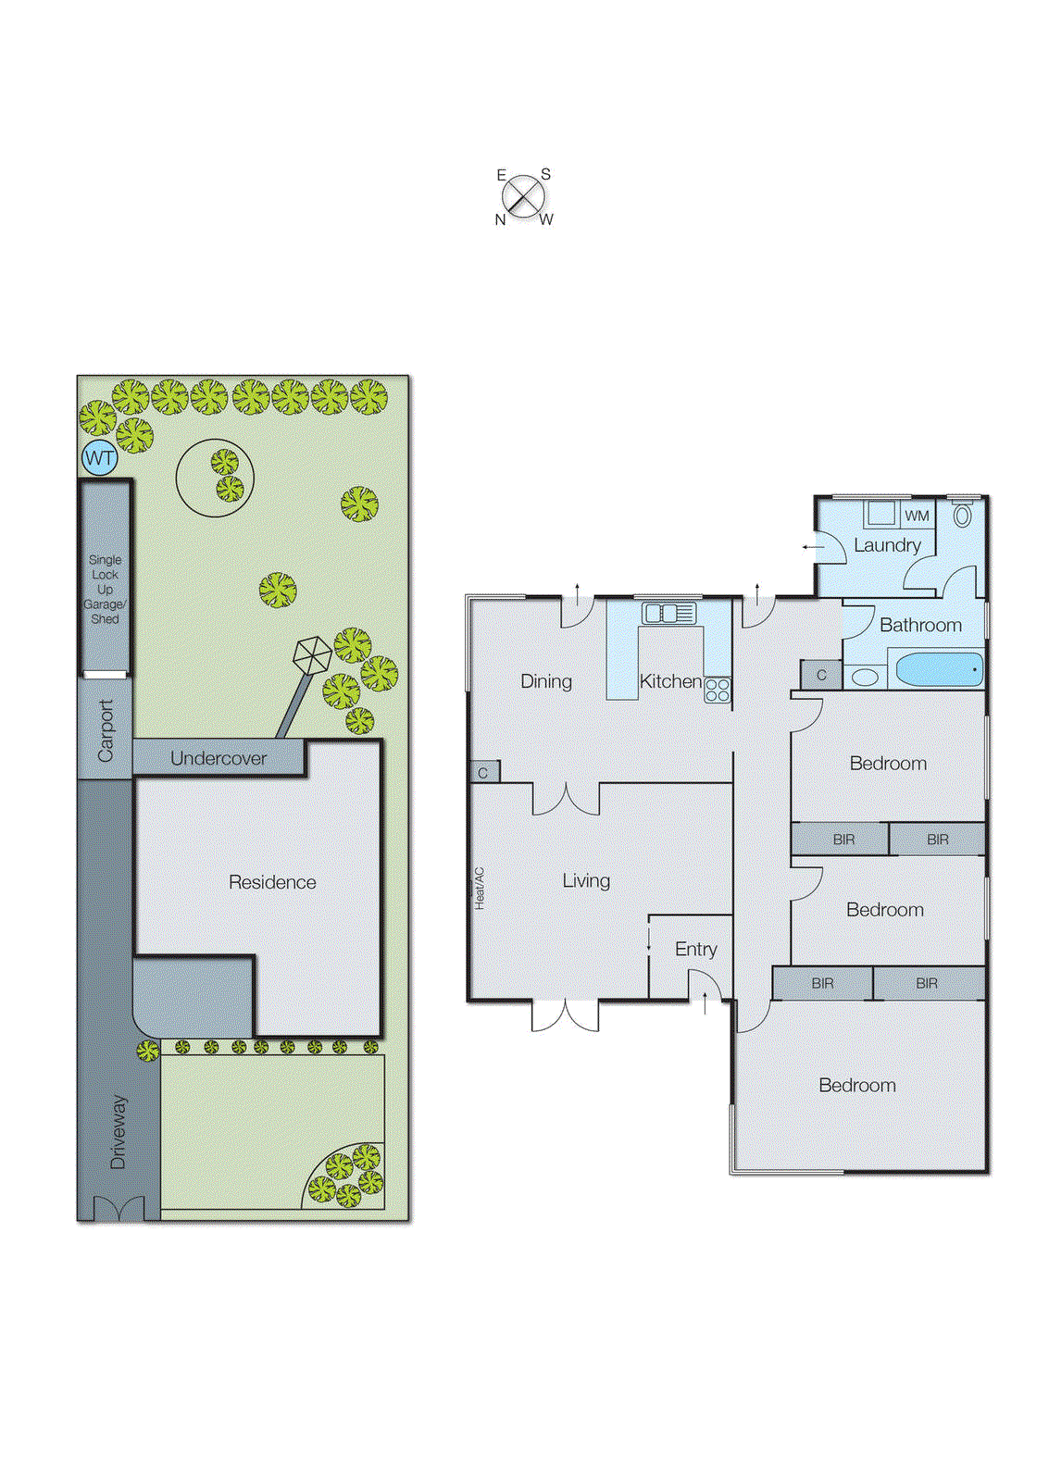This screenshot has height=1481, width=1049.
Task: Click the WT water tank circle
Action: pos(100,457)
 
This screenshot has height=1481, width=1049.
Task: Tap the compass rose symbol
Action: pos(524,196)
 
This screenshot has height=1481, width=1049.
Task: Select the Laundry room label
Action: pos(887,545)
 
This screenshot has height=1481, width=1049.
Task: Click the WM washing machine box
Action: pos(917,516)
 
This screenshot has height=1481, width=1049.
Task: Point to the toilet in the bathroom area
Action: pos(963,515)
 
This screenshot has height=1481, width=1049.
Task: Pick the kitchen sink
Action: pos(668,613)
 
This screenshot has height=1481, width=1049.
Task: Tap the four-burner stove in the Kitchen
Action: pos(718,690)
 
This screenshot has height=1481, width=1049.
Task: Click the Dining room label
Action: pos(546,681)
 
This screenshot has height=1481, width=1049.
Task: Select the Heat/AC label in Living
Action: pos(480,889)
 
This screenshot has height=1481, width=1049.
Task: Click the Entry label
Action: pos(695,949)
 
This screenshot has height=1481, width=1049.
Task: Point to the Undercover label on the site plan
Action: pos(219,758)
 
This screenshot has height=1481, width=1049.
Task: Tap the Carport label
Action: pos(106,730)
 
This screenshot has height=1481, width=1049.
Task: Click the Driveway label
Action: pos(119,1131)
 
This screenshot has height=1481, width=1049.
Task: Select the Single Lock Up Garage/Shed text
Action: pos(105,589)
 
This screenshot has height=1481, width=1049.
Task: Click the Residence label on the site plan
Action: pos(272,882)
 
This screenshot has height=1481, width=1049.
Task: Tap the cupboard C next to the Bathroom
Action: pos(821,675)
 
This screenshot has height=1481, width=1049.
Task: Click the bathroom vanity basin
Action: pos(865,677)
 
